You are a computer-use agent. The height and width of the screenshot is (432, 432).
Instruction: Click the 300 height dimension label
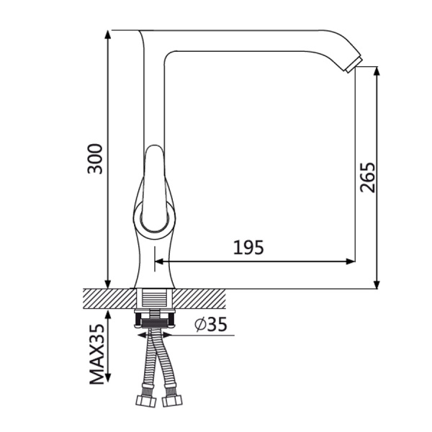[x=95, y=158]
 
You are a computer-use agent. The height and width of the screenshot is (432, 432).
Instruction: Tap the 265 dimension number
[x=367, y=177]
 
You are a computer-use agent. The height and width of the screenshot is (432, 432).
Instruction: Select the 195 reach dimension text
[x=248, y=247]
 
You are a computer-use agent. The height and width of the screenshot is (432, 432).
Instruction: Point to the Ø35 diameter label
[x=211, y=324]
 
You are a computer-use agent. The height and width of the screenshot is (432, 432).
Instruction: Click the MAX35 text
[x=97, y=354]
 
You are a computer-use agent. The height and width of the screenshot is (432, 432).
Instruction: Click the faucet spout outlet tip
[x=354, y=66]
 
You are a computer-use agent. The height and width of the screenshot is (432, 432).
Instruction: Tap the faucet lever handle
[x=155, y=186]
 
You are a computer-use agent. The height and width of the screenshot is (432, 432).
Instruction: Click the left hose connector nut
[x=146, y=400]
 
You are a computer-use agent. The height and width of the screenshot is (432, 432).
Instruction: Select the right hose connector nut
[x=171, y=400]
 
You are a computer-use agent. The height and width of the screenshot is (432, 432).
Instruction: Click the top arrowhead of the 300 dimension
[x=108, y=35]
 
